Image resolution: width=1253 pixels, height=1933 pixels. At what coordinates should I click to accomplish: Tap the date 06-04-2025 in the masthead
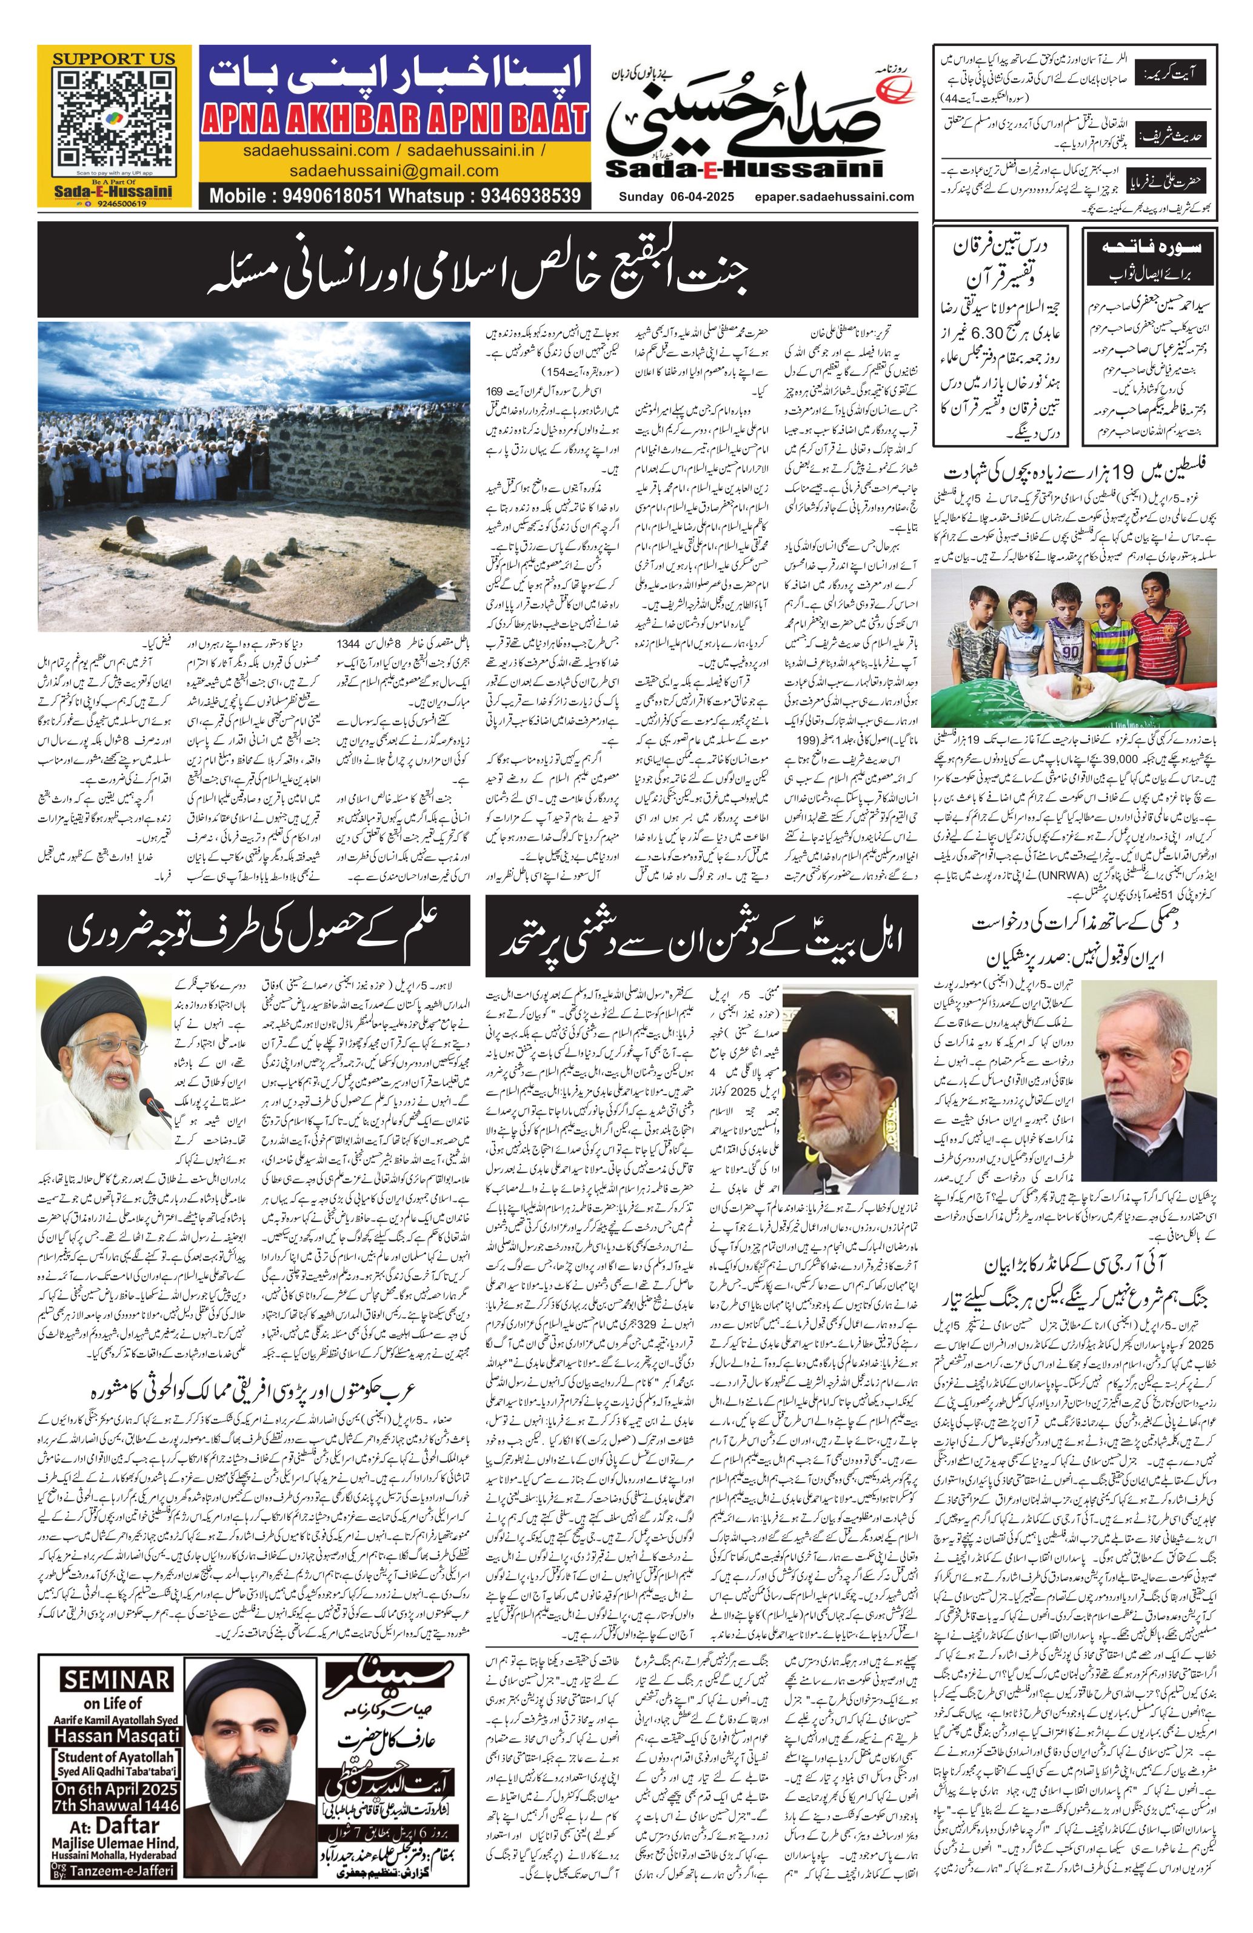(x=699, y=196)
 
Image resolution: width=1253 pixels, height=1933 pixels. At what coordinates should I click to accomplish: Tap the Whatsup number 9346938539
(x=531, y=196)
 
